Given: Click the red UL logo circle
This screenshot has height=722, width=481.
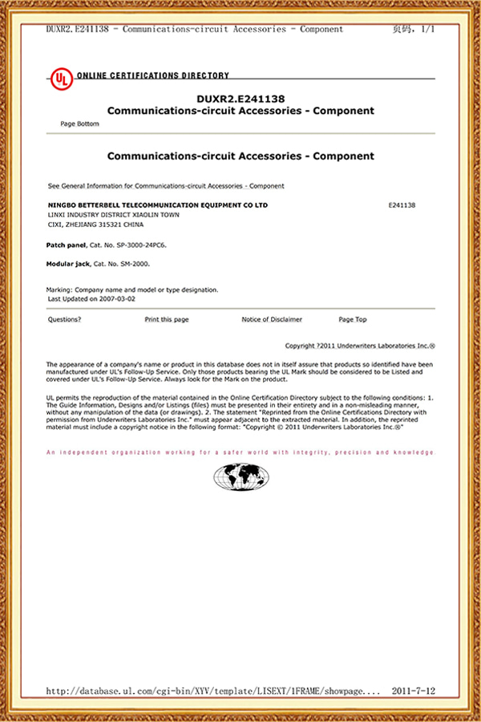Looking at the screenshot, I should [60, 78].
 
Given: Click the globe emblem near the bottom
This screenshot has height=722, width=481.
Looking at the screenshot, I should [240, 478].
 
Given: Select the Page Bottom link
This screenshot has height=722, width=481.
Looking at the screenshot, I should [80, 124].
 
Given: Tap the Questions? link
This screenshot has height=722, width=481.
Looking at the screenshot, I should [65, 319].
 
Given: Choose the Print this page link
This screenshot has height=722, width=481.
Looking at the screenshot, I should [167, 319].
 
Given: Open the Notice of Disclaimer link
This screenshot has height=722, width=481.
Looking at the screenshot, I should [272, 319].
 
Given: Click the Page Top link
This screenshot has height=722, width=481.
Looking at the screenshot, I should [353, 319].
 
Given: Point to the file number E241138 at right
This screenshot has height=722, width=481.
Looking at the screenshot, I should [402, 205].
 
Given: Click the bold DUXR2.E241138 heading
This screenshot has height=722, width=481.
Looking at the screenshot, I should [240, 99].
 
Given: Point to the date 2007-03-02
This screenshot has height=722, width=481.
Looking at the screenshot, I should [118, 298].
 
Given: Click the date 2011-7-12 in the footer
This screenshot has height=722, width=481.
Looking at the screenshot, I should [414, 689].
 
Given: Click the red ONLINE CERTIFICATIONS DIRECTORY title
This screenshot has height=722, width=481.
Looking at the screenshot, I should [152, 75].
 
